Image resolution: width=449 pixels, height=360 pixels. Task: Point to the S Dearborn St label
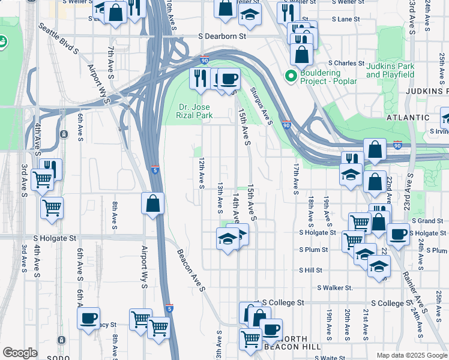[x=223, y=36]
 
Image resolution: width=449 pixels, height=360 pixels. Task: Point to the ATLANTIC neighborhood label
[x=408, y=118]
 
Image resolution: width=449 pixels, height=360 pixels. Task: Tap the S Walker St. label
[x=335, y=288]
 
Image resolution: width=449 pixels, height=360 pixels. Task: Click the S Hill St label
[x=311, y=271]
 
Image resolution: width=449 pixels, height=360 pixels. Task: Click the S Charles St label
[x=345, y=63]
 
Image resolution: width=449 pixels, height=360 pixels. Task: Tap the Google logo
[x=20, y=353]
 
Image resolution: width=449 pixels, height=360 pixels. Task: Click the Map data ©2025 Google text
[x=412, y=355]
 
